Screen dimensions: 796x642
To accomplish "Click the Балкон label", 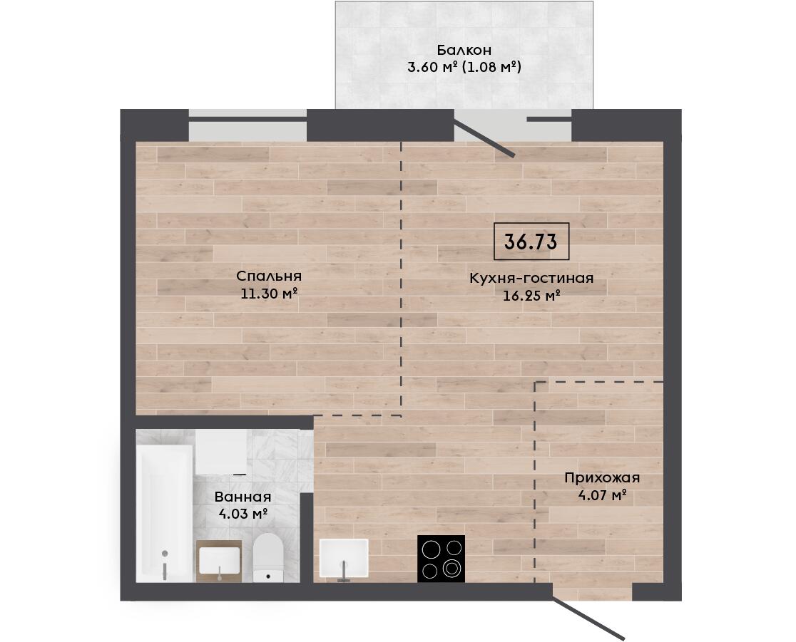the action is click(x=464, y=50).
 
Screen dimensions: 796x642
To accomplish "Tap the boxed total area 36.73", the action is click(x=531, y=242).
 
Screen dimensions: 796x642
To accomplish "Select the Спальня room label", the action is click(x=269, y=276).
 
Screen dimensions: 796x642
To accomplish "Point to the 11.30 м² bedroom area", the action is click(x=269, y=293).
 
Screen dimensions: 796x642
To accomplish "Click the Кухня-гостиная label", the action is click(x=531, y=279).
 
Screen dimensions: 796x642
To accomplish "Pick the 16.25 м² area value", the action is click(x=531, y=295).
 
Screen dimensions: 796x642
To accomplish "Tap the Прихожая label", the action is click(x=602, y=478).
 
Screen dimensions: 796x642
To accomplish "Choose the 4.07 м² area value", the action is click(x=602, y=495).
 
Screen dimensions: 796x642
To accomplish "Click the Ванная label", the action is click(x=243, y=497).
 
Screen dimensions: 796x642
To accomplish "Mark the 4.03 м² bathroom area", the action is click(x=243, y=514).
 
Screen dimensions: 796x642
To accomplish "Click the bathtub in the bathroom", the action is click(x=165, y=514).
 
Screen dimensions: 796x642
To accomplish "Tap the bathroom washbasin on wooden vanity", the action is click(x=219, y=561).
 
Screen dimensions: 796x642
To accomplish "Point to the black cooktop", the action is click(x=441, y=559).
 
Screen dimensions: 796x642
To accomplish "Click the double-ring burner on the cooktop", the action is click(x=451, y=569).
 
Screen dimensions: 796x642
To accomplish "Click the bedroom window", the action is click(x=248, y=125).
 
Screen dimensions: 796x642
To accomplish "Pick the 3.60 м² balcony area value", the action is click(x=433, y=66).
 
